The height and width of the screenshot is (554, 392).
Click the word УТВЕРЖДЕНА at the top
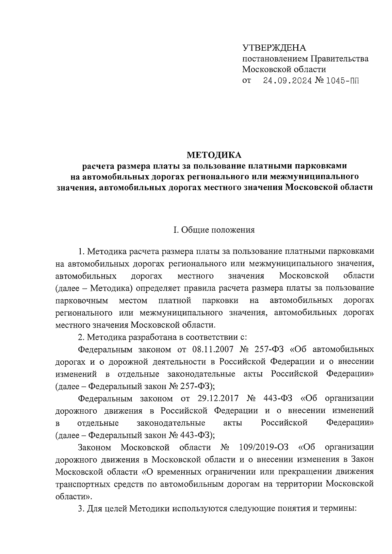coord(274,48)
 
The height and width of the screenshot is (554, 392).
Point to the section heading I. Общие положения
coord(214,230)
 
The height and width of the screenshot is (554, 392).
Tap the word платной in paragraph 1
coord(174,300)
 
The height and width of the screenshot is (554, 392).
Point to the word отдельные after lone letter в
coord(98,423)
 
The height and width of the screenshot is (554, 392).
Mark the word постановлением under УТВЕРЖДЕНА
coord(275,59)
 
